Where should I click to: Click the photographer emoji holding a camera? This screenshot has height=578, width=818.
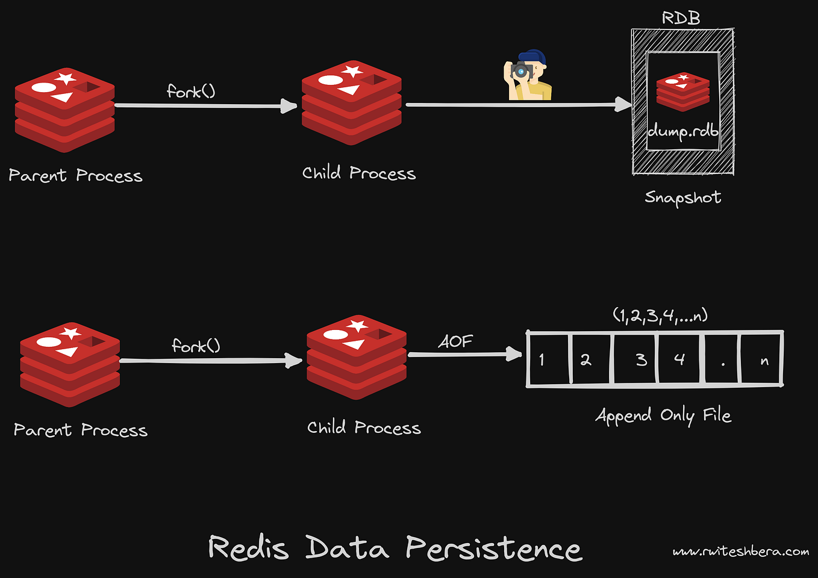click(x=528, y=75)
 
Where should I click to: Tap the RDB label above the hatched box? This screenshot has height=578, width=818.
click(x=681, y=18)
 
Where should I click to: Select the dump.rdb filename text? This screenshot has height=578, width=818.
click(x=683, y=131)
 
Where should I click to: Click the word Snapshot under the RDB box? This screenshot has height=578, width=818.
click(x=682, y=197)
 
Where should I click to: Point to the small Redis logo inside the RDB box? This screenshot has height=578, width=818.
click(x=682, y=92)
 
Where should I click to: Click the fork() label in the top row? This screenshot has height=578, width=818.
click(x=191, y=92)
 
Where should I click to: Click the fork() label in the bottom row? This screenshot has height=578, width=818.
click(x=196, y=346)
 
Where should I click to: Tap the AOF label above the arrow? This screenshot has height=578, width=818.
click(x=455, y=342)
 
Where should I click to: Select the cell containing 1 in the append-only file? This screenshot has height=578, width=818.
click(x=548, y=359)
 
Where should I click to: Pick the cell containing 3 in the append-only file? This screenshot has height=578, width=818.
click(x=636, y=359)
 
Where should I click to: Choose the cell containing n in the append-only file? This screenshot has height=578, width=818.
click(x=762, y=360)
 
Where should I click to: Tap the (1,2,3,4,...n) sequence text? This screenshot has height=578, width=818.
click(x=660, y=315)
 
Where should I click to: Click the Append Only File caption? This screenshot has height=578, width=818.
click(x=663, y=415)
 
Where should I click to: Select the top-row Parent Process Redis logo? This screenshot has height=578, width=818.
click(x=64, y=110)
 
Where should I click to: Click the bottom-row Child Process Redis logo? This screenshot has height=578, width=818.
click(x=357, y=357)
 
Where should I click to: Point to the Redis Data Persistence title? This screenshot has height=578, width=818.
click(x=395, y=548)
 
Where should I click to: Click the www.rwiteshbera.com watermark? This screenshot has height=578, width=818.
click(x=741, y=552)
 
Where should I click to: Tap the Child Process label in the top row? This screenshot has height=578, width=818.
click(x=359, y=173)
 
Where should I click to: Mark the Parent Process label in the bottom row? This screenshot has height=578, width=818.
click(x=81, y=430)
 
